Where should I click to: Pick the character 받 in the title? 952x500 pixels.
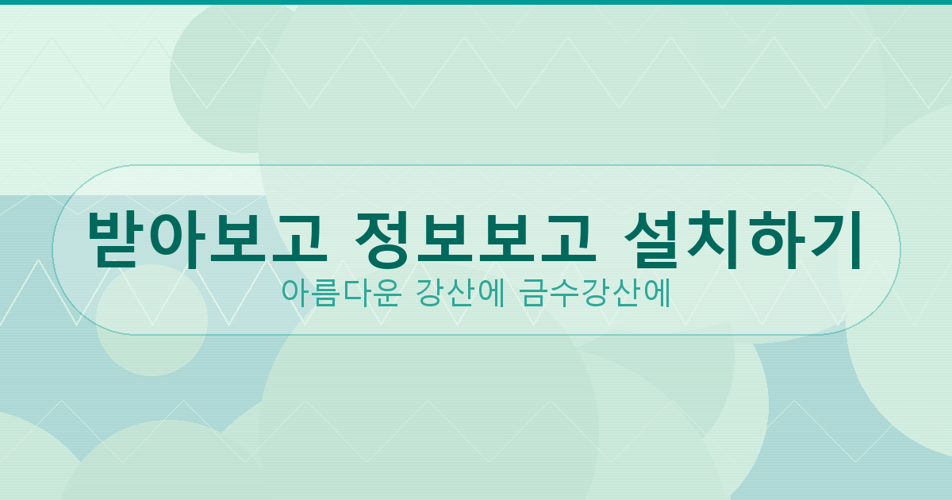(x=114, y=239)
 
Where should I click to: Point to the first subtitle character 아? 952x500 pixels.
(x=294, y=293)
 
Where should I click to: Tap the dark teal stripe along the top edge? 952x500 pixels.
(x=476, y=2)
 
